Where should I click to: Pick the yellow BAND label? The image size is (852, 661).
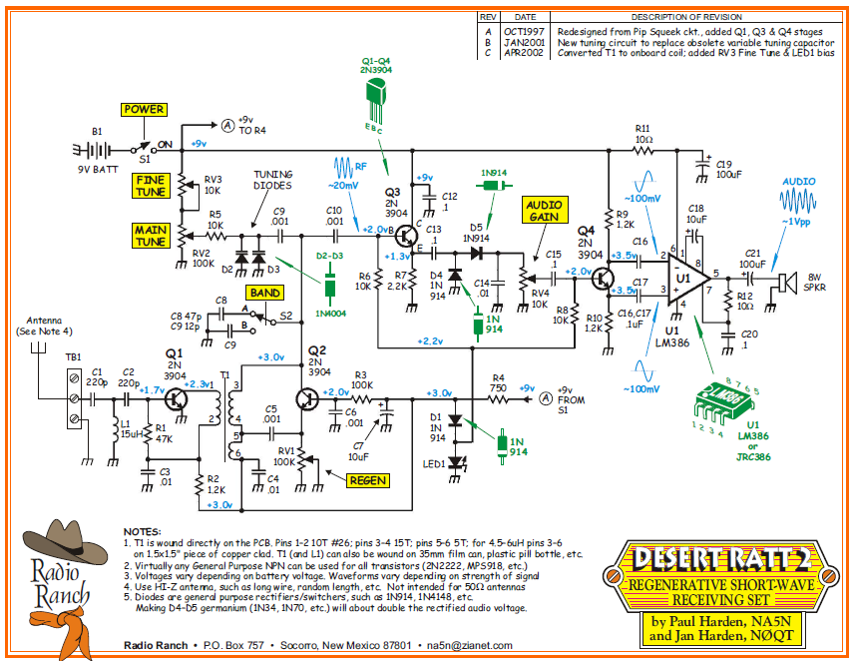coord(264,293)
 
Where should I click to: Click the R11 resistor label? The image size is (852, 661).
coord(641,129)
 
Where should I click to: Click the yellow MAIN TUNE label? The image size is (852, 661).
coord(150,236)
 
